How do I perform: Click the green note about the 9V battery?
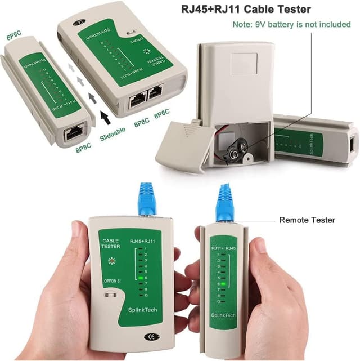click(x=291, y=25)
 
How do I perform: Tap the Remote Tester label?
click(x=307, y=220)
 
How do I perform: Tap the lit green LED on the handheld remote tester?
click(x=223, y=284)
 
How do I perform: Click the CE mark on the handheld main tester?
click(x=151, y=336)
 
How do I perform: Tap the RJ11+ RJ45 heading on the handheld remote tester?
click(x=223, y=247)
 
